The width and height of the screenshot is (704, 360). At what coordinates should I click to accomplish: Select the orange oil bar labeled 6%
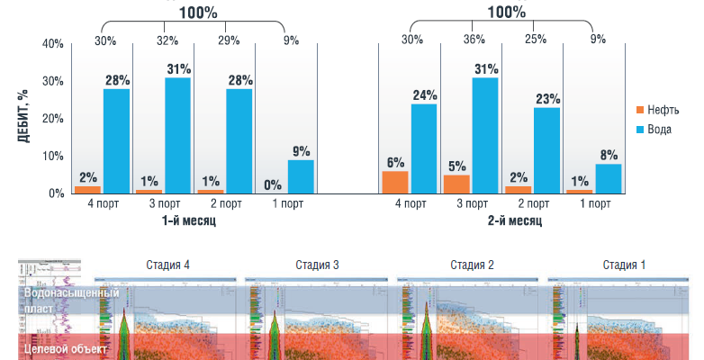coord(395,182)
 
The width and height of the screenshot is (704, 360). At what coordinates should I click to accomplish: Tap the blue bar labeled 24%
coord(424,148)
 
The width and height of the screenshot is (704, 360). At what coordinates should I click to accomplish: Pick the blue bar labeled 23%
coord(546,150)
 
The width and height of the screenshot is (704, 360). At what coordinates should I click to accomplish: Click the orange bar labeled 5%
coord(456,184)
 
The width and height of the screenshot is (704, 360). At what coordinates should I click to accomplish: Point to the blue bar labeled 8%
coord(608,178)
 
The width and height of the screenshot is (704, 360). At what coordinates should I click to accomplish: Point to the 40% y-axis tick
coord(53,44)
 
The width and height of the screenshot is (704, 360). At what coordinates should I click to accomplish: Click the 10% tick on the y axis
coord(53,156)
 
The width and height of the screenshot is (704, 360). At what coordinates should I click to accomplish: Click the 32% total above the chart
coord(167,40)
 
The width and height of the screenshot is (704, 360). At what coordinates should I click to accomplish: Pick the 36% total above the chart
coord(474,40)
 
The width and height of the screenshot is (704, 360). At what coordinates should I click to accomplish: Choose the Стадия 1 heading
coord(624,265)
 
